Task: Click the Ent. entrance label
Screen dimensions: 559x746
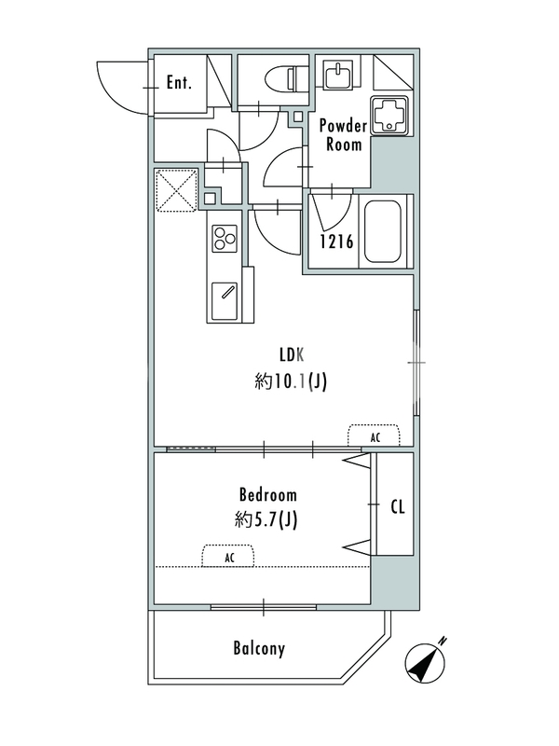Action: [x=179, y=83]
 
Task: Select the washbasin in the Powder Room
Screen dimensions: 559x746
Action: [x=338, y=74]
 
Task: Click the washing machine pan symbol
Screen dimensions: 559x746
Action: [x=389, y=116]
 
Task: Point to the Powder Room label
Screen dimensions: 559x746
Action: [x=343, y=134]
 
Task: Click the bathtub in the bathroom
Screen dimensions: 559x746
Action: [x=382, y=231]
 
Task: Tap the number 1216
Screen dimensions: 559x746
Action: [x=336, y=242]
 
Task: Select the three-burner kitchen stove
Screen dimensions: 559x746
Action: [x=225, y=238]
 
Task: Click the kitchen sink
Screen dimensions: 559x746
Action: [x=224, y=301]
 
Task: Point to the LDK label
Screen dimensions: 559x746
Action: [x=292, y=355]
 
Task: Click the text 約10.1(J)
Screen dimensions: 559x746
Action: [x=291, y=381]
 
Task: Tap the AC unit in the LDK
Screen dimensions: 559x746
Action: [x=375, y=435]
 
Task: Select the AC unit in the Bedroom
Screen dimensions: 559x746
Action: [x=228, y=556]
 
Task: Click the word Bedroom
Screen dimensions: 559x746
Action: [x=268, y=495]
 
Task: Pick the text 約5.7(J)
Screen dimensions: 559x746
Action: [x=266, y=520]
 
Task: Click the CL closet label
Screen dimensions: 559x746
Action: [x=398, y=507]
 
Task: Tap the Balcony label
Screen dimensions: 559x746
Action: [x=259, y=649]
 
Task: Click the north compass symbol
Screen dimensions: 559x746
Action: [x=426, y=663]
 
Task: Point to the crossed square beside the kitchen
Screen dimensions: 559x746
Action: [x=176, y=190]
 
